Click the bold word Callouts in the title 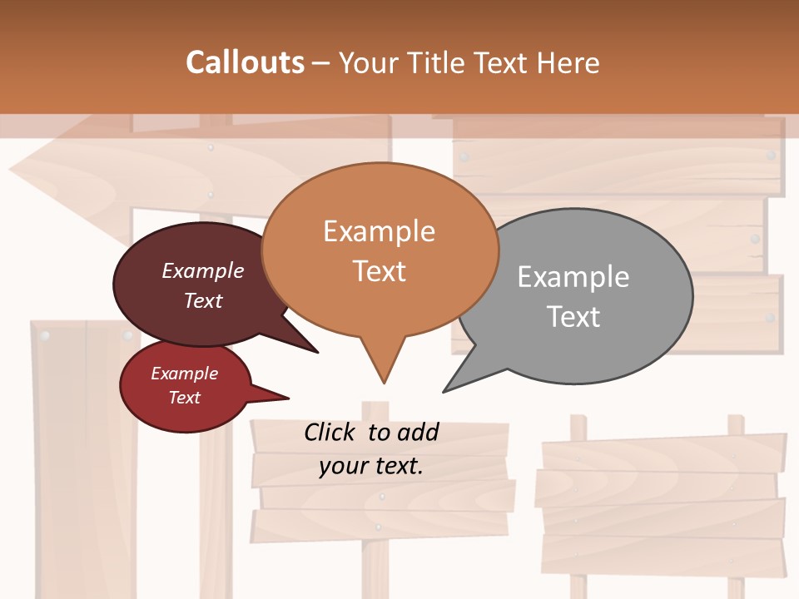coord(245,62)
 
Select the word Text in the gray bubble coord(573,317)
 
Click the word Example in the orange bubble coord(379,231)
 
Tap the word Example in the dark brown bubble coord(202,270)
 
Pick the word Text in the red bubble coord(184,398)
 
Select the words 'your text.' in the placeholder coord(370,466)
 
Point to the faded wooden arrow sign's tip coord(12,173)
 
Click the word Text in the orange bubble coord(380,271)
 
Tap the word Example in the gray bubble coord(573,277)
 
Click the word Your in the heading coord(370,62)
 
